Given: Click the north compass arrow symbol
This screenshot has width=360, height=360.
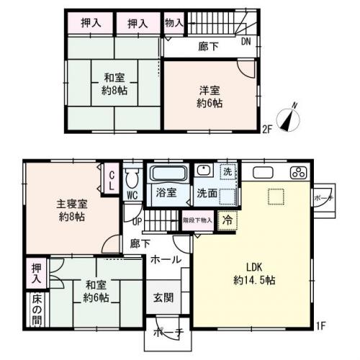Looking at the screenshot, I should tap(290, 118).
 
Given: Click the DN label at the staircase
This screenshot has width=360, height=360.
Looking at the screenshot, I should tap(246, 41).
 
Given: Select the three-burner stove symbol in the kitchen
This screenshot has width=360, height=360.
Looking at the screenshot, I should tap(297, 172).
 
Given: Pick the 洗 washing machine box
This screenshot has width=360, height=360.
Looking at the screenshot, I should tap(228, 172).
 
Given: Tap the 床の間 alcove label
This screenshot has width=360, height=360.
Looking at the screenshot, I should tap(35, 310).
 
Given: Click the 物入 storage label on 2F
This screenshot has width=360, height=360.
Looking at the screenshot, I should tap(174, 23).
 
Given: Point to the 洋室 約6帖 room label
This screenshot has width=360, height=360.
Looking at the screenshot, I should tap(210, 96).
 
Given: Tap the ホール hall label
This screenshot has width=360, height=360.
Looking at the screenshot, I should tap(166, 259).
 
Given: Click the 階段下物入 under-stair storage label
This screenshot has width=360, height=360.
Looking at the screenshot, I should tap(197, 222).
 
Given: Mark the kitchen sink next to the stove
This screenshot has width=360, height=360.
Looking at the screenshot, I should tap(261, 172).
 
